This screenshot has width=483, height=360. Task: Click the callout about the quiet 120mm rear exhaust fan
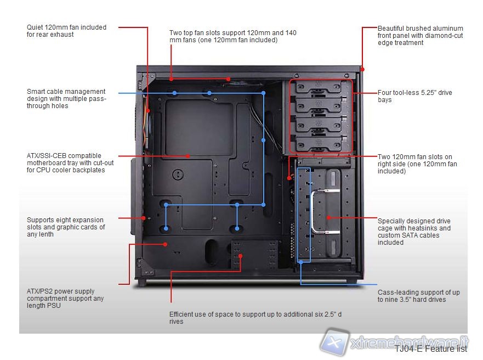click(66, 31)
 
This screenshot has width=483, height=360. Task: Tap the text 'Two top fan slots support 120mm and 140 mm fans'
click(232, 36)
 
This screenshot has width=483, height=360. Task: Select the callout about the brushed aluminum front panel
click(420, 35)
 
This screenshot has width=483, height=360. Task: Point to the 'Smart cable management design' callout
click(66, 99)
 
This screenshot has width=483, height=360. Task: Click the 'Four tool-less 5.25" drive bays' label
click(414, 96)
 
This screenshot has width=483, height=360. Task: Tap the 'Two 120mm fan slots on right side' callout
click(417, 164)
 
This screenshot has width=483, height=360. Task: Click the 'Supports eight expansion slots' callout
click(66, 227)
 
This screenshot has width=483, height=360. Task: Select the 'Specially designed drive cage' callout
click(414, 232)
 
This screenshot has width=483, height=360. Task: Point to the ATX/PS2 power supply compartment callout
click(65, 298)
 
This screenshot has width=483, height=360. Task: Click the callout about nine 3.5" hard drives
click(418, 296)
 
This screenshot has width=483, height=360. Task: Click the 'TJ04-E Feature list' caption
click(431, 348)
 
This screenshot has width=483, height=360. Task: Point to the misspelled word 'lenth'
click(52, 234)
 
